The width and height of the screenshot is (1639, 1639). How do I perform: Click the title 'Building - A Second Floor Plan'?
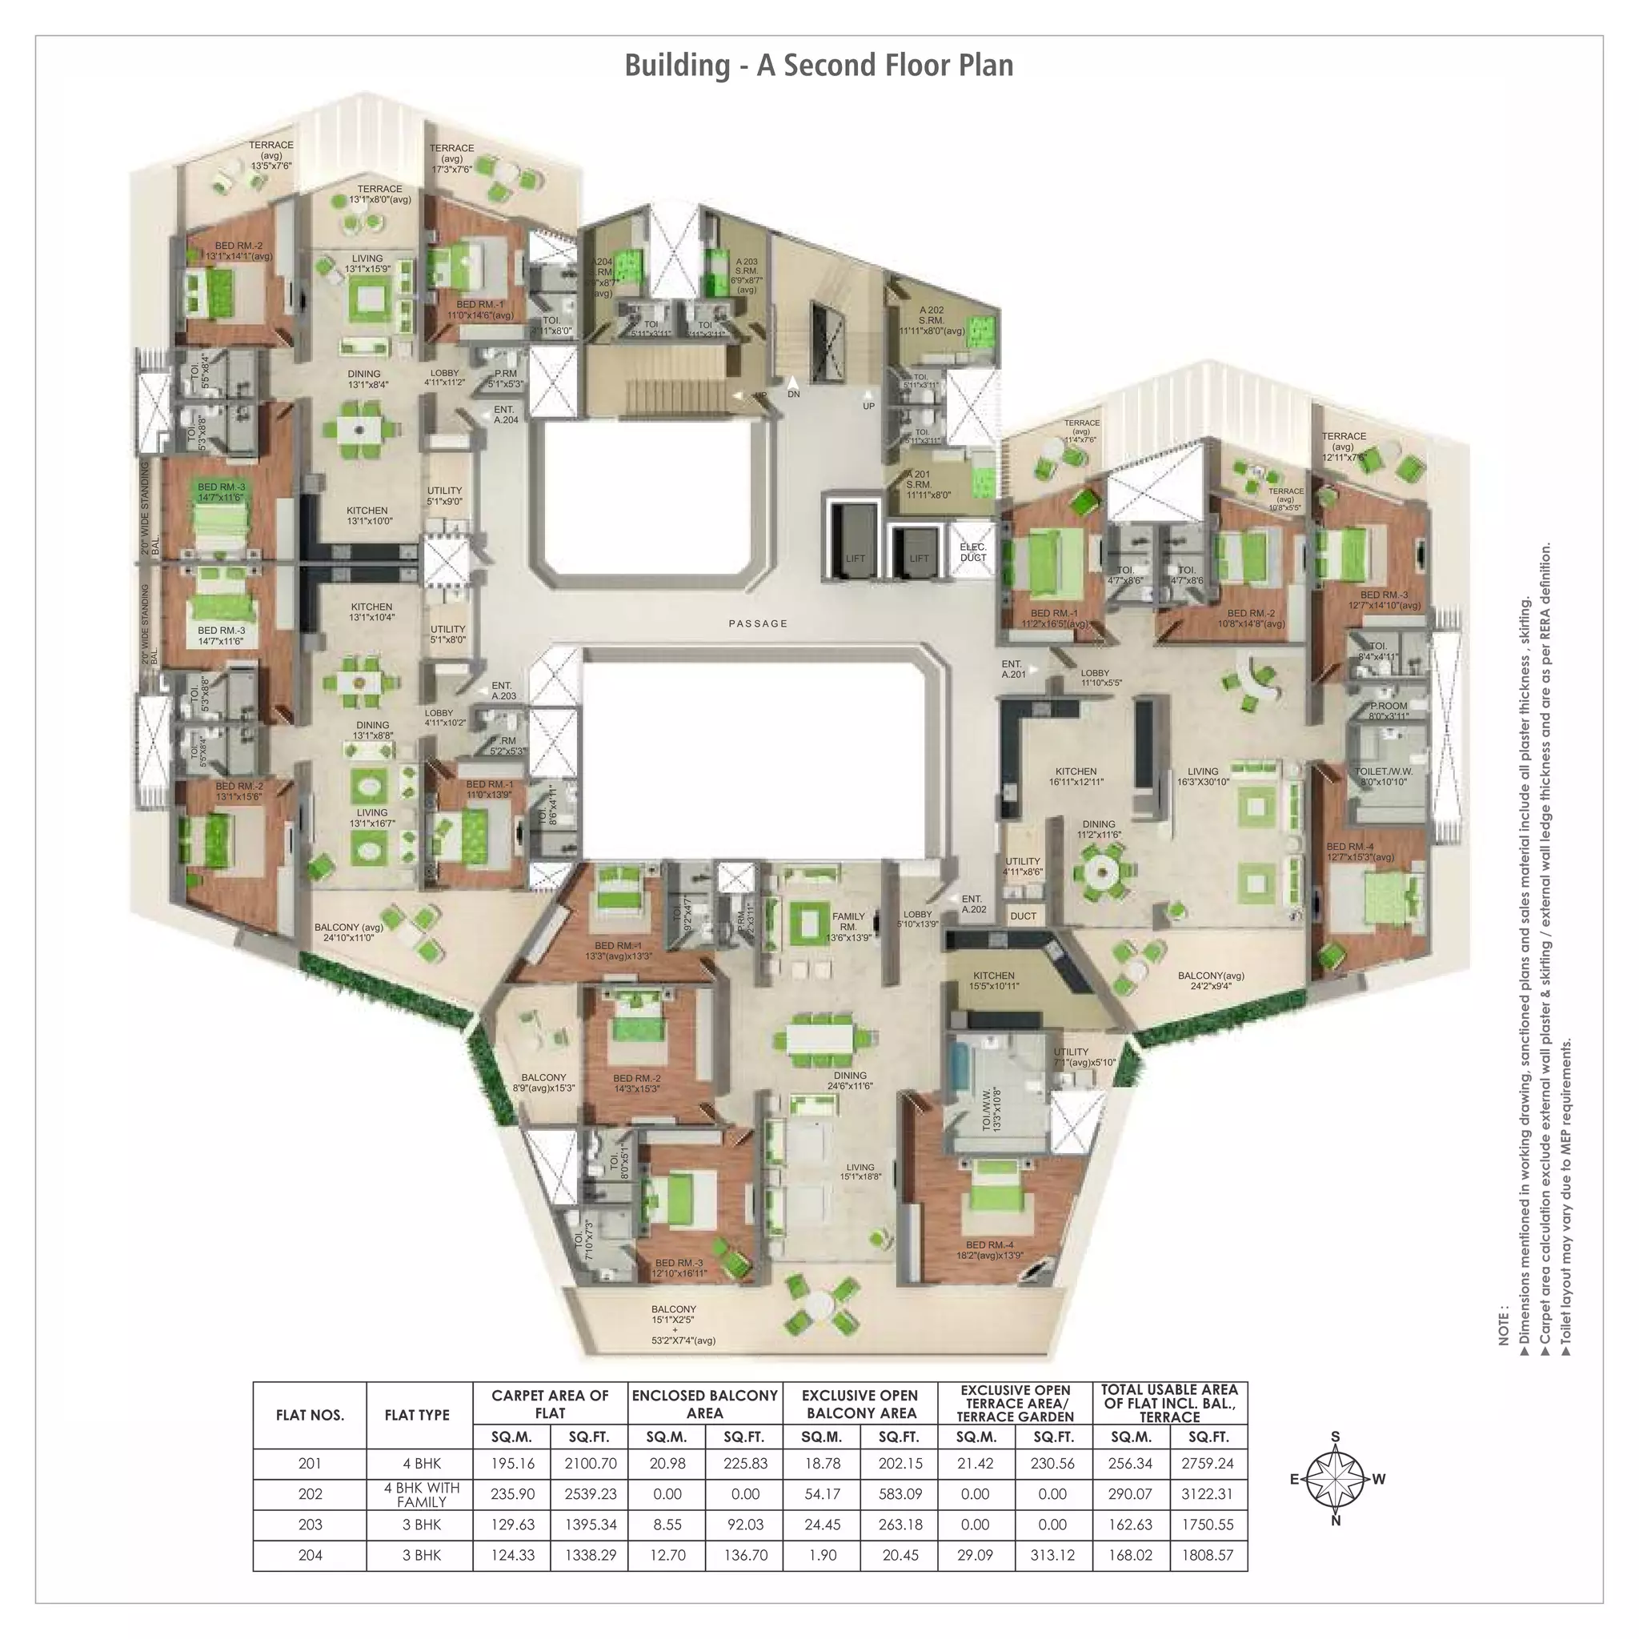(819, 66)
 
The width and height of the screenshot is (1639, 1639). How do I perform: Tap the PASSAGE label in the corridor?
(759, 623)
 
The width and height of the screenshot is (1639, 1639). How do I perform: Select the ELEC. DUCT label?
(973, 552)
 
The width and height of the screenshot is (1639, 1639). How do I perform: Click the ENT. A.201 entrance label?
(1013, 669)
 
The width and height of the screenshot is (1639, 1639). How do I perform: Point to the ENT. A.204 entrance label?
(506, 414)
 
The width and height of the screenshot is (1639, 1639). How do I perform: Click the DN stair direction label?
(793, 395)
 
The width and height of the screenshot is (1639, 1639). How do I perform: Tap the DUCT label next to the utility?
(1023, 916)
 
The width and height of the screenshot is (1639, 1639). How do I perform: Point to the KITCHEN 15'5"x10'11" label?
(994, 981)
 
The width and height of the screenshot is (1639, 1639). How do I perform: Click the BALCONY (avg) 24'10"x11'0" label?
(349, 932)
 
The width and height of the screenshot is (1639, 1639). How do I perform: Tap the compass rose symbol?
(1336, 1479)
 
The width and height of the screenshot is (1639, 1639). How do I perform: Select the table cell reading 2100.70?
(590, 1464)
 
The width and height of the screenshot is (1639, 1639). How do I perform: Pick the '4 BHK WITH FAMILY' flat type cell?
(421, 1494)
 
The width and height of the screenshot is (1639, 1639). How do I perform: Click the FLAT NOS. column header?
(311, 1415)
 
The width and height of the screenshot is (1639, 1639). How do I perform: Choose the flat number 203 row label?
(311, 1525)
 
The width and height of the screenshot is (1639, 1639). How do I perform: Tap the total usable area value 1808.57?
(1207, 1555)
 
